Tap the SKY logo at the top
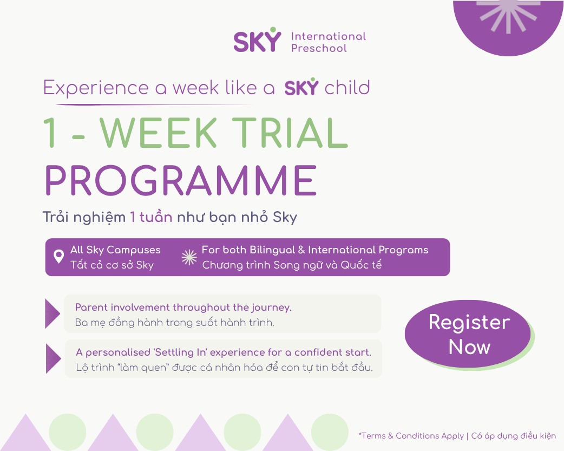[x=257, y=40]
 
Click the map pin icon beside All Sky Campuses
[x=58, y=257]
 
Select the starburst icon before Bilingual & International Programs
[x=189, y=257]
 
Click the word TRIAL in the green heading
[x=290, y=133]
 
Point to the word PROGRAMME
[x=181, y=180]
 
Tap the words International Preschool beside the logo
[x=329, y=42]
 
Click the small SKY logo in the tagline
[x=301, y=87]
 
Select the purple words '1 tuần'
[x=151, y=217]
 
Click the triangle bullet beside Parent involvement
[x=53, y=313]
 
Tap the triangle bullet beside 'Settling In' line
[x=54, y=358]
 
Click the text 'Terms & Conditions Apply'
[x=411, y=436]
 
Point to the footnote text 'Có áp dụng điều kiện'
[x=514, y=436]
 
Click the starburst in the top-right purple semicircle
[x=508, y=15]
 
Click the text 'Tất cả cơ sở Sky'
[x=112, y=265]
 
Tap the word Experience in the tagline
[x=96, y=88]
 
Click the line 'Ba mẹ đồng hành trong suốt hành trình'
[x=174, y=323]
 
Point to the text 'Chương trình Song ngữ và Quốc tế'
[x=292, y=265]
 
